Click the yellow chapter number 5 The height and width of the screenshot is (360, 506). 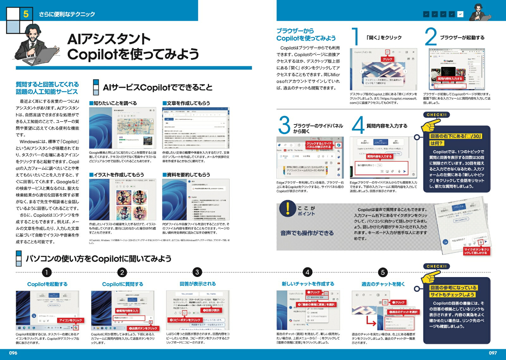click(26, 14)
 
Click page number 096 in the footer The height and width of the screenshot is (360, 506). click(13, 353)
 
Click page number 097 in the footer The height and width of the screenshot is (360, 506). click(493, 353)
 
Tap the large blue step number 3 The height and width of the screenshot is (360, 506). click(284, 125)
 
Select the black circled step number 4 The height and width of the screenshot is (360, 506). click(307, 272)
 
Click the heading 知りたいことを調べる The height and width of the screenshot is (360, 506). click(113, 103)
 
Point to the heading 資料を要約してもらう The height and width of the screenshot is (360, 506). click(186, 174)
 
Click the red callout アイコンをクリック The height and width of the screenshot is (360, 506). click(71, 320)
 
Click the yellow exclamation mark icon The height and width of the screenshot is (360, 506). click(287, 209)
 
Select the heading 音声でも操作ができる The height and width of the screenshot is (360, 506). click(307, 233)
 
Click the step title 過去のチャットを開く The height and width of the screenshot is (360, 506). click(383, 284)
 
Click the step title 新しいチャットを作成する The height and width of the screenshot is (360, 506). click(308, 284)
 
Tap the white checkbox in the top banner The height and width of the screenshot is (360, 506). click(460, 14)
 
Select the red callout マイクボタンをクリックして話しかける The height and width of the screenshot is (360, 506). click(477, 251)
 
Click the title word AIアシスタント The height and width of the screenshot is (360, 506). click(109, 39)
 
